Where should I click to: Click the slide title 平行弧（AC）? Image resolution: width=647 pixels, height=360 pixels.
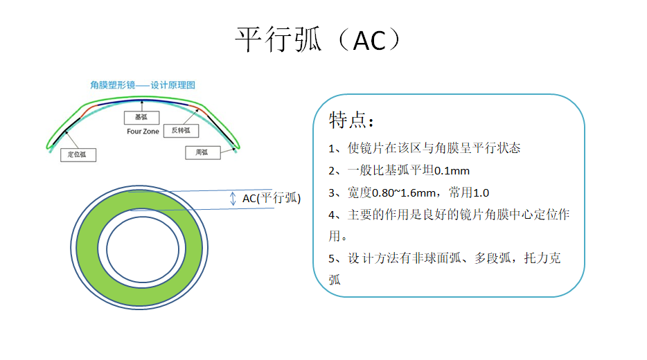(318, 39)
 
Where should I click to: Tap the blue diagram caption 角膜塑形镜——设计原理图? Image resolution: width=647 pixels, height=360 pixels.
(143, 85)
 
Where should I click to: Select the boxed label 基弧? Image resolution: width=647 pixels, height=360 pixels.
(141, 118)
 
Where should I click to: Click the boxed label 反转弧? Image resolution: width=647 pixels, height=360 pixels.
(181, 131)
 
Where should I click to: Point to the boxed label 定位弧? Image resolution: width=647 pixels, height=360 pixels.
(78, 154)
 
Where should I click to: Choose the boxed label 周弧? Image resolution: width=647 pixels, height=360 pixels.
(202, 152)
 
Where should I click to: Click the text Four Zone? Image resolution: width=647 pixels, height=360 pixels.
(143, 132)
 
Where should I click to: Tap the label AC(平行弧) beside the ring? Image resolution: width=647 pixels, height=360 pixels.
(272, 199)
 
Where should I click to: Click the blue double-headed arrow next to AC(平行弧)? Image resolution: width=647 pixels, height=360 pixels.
(233, 199)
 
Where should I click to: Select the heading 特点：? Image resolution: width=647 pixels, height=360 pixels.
(352, 120)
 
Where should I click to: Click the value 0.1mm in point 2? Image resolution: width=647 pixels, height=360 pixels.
(452, 171)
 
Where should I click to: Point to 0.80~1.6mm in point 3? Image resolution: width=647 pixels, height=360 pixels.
(404, 193)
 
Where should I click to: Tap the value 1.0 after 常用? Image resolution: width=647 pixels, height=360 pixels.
(481, 193)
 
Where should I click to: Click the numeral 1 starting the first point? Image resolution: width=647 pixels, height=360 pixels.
(331, 148)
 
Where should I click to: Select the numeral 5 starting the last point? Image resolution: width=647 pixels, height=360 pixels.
(331, 258)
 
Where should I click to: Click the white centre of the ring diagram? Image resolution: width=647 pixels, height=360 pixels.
(143, 249)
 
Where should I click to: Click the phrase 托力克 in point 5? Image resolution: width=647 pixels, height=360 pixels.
(542, 258)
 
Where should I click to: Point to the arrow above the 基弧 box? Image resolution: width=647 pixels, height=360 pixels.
(142, 105)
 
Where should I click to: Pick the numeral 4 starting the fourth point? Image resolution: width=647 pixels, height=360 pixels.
(331, 215)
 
